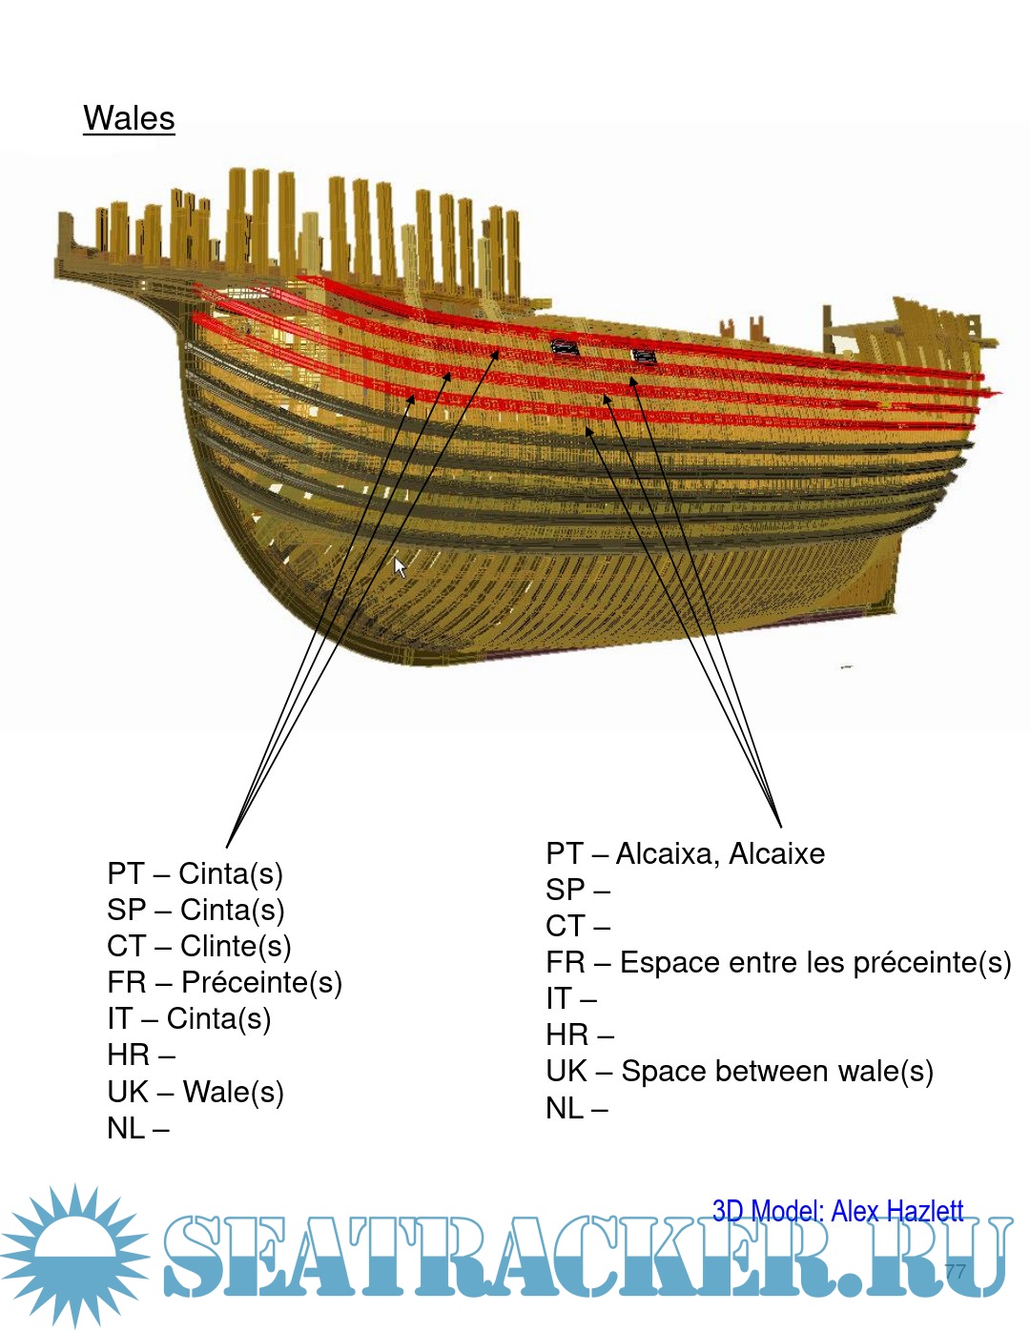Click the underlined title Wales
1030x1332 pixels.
pyautogui.click(x=129, y=118)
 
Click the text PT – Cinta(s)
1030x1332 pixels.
pyautogui.click(x=195, y=873)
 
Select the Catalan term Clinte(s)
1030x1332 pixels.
pyautogui.click(x=235, y=946)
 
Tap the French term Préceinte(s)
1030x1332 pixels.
pyautogui.click(x=261, y=982)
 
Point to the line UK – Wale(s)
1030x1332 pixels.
pyautogui.click(x=195, y=1092)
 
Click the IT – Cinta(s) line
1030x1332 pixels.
pyautogui.click(x=189, y=1018)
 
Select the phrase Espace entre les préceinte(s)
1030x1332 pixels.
pyautogui.click(x=815, y=963)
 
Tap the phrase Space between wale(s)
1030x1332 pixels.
pyautogui.click(x=776, y=1072)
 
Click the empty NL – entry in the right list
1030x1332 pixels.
pyautogui.click(x=576, y=1109)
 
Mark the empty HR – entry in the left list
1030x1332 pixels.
pyautogui.click(x=140, y=1055)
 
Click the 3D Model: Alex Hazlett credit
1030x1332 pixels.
pyautogui.click(x=837, y=1212)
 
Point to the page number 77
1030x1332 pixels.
pyautogui.click(x=955, y=1271)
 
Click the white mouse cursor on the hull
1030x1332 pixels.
pyautogui.click(x=400, y=567)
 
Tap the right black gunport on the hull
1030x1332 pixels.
pyautogui.click(x=644, y=357)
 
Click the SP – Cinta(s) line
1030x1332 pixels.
pyautogui.click(x=196, y=910)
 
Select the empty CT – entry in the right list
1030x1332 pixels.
pyautogui.click(x=577, y=927)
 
